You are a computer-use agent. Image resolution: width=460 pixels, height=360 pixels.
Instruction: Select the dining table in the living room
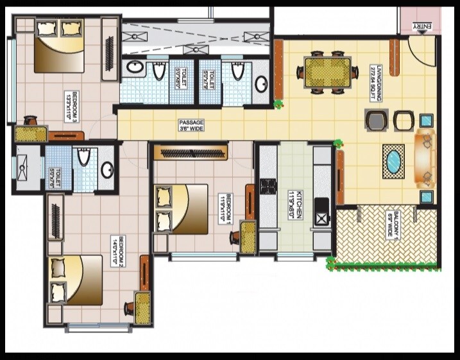[x=327, y=73]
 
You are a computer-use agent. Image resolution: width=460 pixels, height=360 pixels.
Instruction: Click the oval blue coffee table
[x=393, y=161]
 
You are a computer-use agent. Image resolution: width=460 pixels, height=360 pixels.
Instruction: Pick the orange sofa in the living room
[x=425, y=157]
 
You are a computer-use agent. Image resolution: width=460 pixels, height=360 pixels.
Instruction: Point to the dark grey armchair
[x=377, y=119]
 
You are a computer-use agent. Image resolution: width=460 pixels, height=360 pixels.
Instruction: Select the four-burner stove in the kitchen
[x=268, y=187]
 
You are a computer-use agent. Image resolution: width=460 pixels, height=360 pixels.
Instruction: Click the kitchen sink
[x=320, y=219]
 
